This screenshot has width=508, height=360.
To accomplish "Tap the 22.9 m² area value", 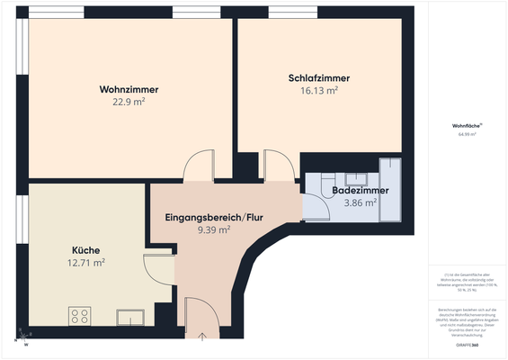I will [129, 103].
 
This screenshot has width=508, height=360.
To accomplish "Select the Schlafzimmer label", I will [318, 78].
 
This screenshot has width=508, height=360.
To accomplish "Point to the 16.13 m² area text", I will [319, 91].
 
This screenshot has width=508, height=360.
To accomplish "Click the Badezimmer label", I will [361, 191].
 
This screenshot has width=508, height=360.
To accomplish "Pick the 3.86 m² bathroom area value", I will [360, 203].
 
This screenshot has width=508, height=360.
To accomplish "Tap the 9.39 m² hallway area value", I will [214, 230].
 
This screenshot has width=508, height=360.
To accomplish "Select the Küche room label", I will [85, 249].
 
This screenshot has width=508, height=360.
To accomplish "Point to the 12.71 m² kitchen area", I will [87, 263].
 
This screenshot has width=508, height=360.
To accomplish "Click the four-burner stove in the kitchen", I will [80, 316].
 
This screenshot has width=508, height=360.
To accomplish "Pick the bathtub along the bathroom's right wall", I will [391, 189].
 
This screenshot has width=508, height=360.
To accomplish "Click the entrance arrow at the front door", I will [201, 337].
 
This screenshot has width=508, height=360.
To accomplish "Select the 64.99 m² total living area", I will [466, 133].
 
